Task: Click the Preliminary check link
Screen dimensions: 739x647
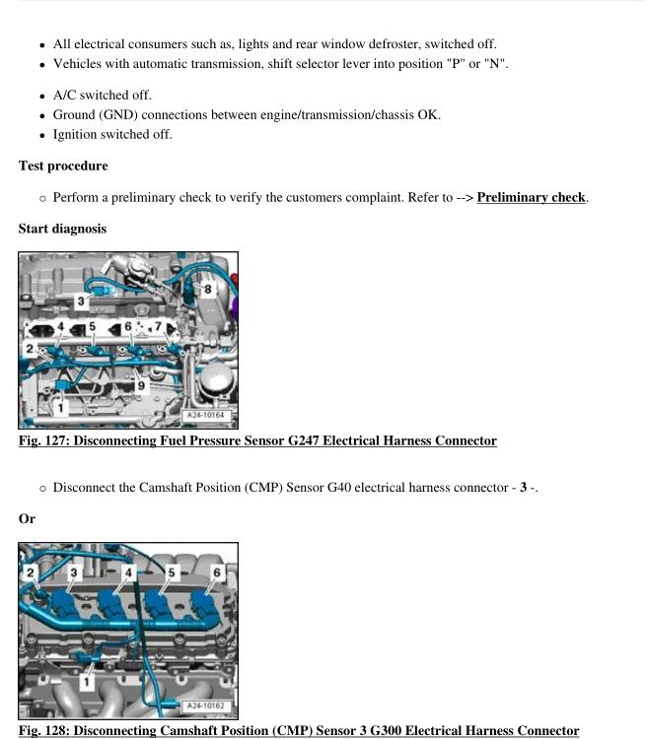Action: coord(531,197)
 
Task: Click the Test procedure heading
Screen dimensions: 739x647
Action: coord(63,166)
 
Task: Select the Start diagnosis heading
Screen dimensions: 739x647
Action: coord(62,229)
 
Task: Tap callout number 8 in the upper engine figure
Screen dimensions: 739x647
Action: coord(208,290)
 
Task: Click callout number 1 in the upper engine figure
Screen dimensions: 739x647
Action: coord(60,406)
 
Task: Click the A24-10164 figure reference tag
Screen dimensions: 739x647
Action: coord(205,416)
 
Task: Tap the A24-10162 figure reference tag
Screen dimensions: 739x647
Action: coord(205,705)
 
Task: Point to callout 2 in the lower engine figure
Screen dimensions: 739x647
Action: coord(31,572)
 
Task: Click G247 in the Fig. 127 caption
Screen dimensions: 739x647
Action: coord(307,440)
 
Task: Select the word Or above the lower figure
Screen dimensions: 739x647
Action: coord(27,518)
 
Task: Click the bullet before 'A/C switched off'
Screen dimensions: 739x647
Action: coord(41,97)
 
